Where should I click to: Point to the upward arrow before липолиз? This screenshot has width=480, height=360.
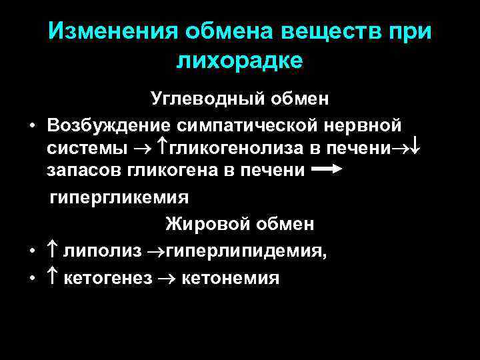pos(54,251)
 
